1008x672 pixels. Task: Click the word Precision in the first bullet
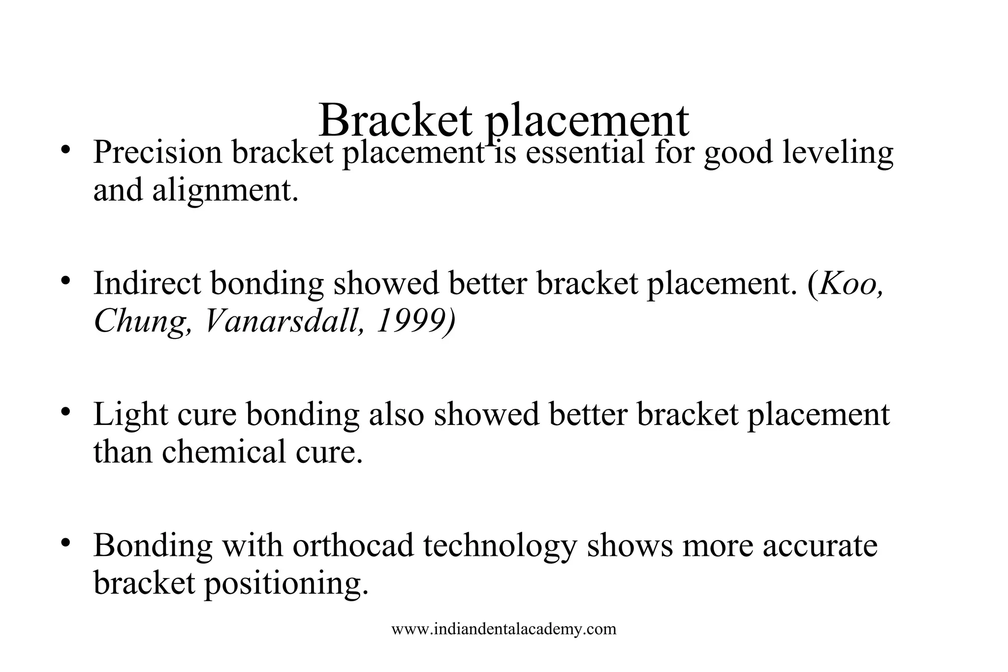(x=157, y=152)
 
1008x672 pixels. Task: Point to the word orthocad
(x=353, y=546)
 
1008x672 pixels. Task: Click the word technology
(x=499, y=547)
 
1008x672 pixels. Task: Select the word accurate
(x=820, y=546)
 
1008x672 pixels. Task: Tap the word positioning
(x=286, y=584)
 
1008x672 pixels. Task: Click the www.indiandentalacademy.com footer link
(x=504, y=629)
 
